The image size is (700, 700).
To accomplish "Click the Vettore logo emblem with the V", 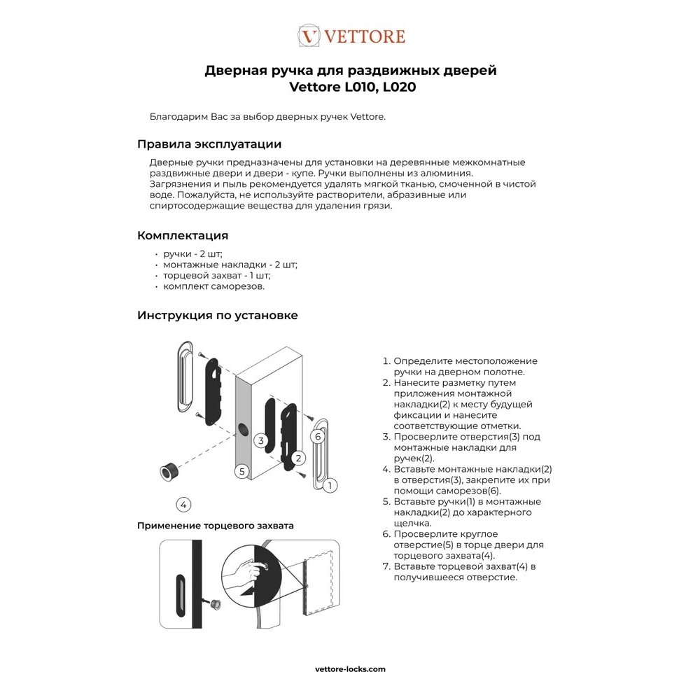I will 309,36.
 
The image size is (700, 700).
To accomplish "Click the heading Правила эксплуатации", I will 209,144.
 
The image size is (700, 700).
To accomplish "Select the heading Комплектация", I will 183,235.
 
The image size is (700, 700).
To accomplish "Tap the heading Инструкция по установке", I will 218,315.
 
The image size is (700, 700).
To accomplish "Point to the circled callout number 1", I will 330,484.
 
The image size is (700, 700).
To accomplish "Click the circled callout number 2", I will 299,458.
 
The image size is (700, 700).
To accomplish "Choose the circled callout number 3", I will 260,440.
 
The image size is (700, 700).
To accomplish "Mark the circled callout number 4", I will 183,504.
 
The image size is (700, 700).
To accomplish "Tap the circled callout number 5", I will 241,471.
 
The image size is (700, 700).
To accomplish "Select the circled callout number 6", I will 317,436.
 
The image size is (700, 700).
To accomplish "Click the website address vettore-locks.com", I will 350,668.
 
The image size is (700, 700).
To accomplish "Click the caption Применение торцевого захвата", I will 216,525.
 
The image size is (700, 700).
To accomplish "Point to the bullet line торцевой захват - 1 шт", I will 217,276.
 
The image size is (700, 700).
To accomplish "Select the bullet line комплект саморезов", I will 214,286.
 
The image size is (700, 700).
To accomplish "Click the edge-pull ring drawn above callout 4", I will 169,470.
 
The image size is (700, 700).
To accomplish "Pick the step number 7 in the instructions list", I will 385,566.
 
